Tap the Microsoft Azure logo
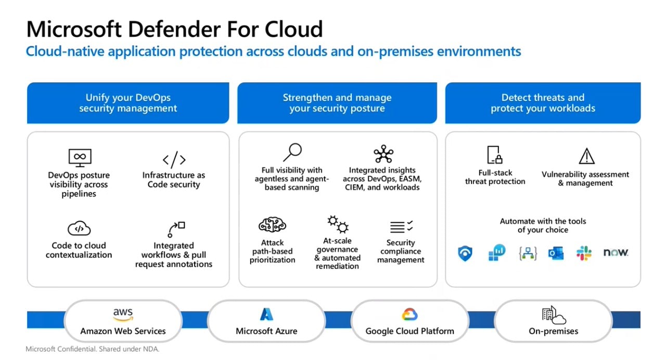(x=266, y=314)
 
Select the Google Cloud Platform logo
(x=409, y=314)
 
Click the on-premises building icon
(x=553, y=315)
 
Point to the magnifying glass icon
(x=292, y=152)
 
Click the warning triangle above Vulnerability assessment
(x=586, y=156)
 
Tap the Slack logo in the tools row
(x=584, y=253)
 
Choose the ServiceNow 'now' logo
(x=616, y=253)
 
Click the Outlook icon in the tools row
(x=556, y=253)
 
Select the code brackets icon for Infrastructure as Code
(x=174, y=159)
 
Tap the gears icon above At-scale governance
(x=338, y=225)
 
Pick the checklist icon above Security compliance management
(x=401, y=227)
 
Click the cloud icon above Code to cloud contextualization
(x=79, y=228)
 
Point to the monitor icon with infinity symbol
(x=80, y=157)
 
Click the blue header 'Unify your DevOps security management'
(x=128, y=103)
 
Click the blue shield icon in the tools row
(x=465, y=253)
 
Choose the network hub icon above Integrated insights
(x=383, y=155)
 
